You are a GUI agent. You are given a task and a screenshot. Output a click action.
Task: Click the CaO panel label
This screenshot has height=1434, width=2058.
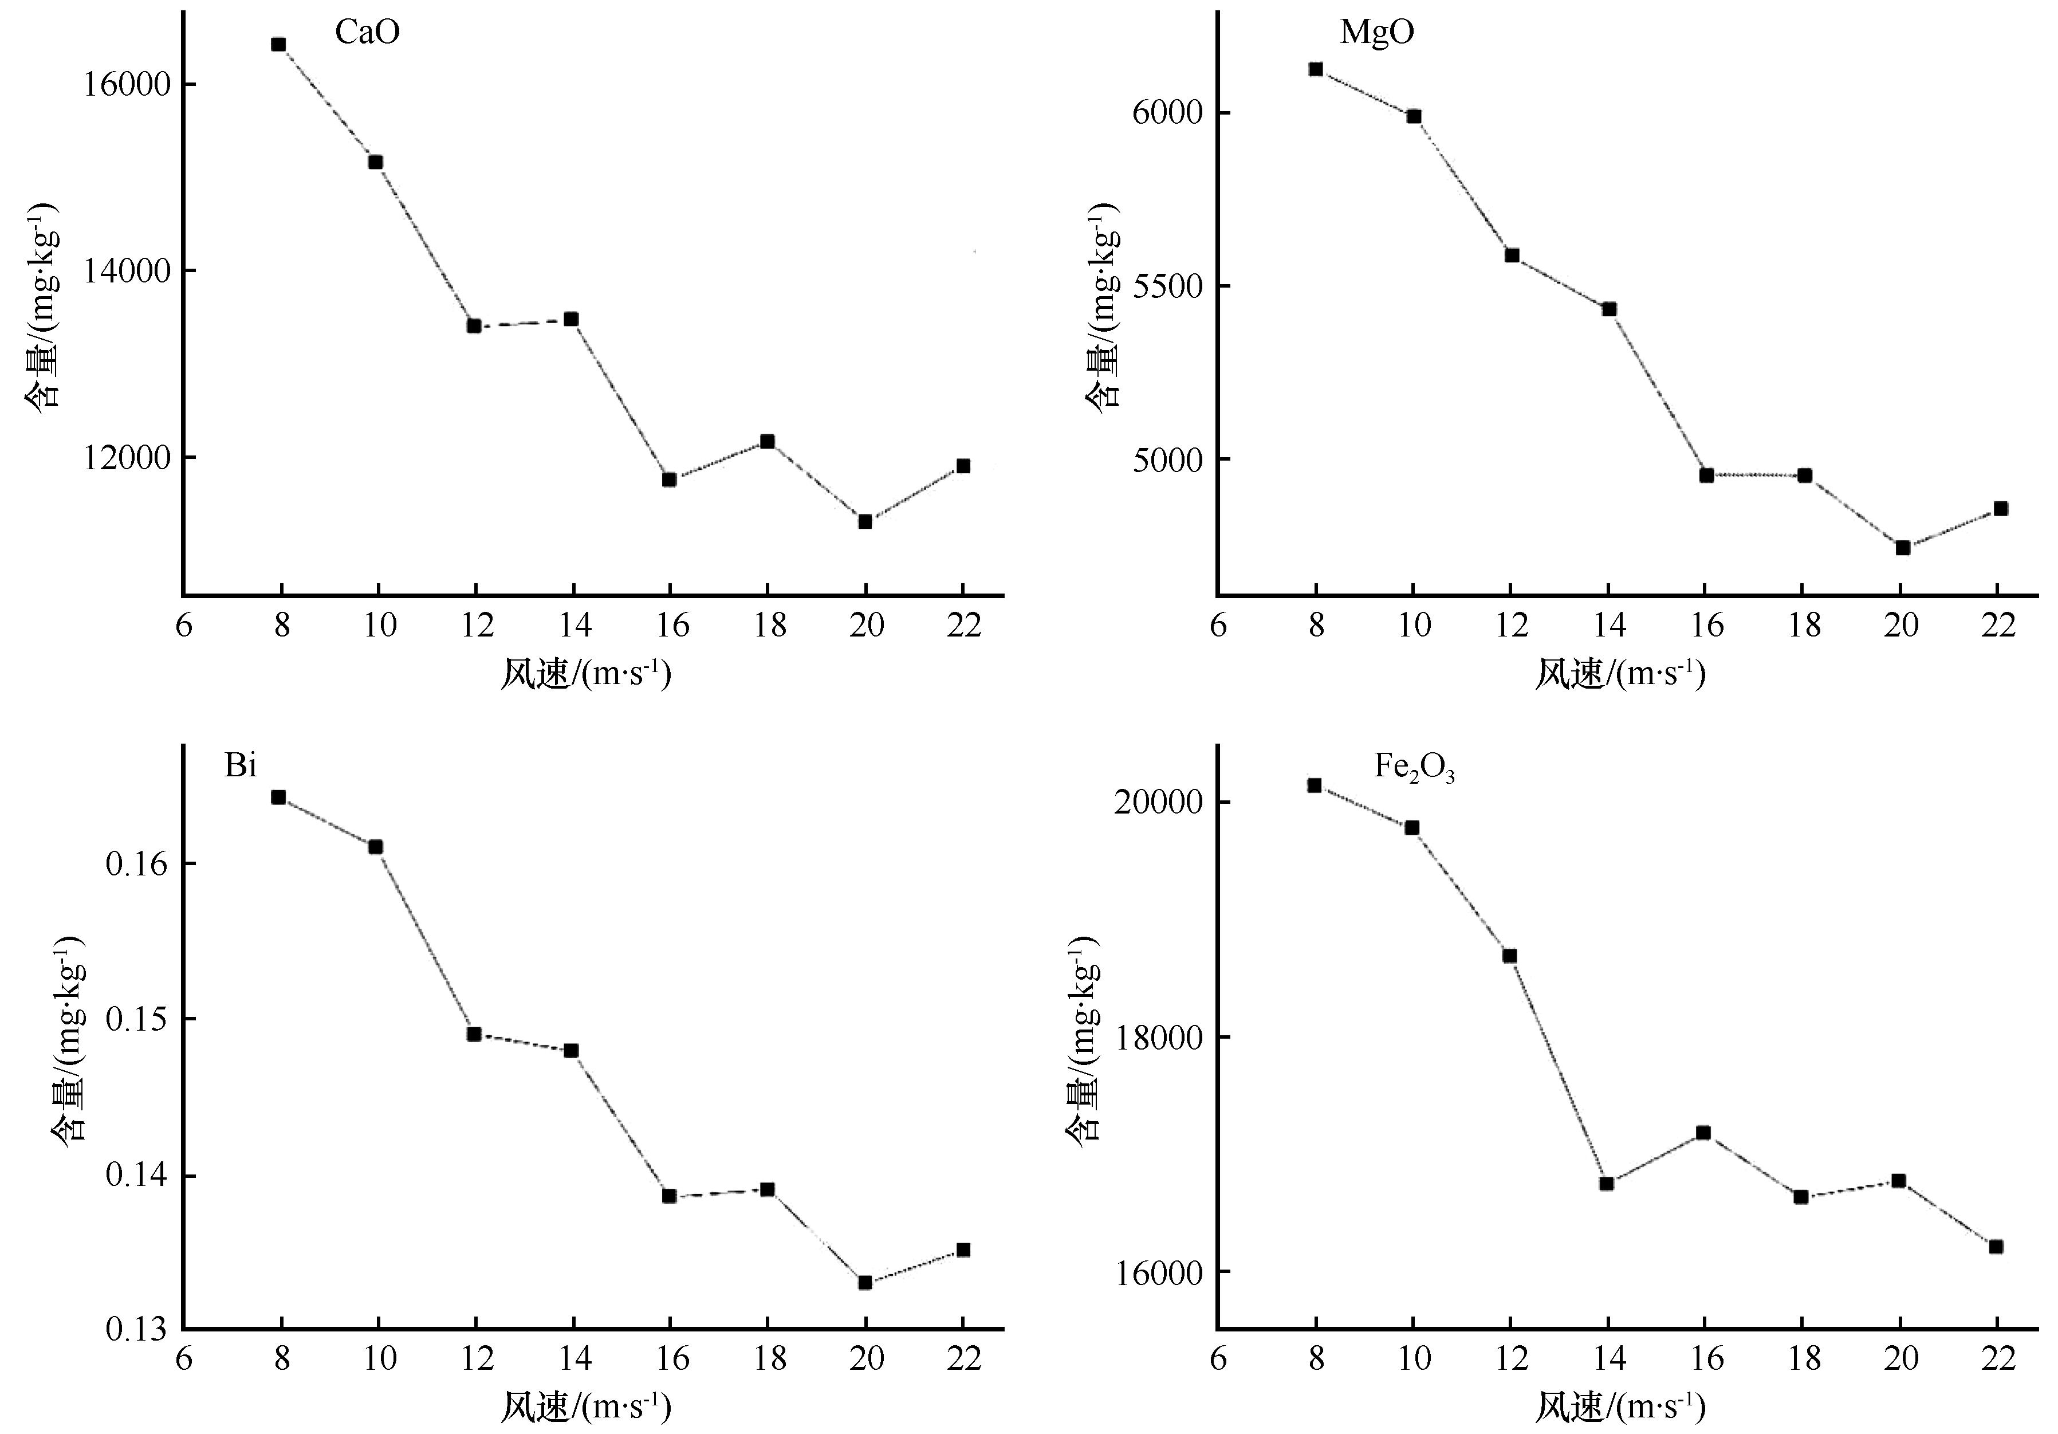point(367,32)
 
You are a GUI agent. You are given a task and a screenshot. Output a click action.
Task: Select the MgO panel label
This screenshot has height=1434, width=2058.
point(1377,32)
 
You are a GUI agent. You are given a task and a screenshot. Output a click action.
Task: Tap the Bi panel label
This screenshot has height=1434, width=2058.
point(240,766)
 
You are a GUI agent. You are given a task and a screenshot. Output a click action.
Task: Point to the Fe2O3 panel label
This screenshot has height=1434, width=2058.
point(1414,769)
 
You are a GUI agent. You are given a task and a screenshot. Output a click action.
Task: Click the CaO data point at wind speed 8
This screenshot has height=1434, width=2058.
point(279,44)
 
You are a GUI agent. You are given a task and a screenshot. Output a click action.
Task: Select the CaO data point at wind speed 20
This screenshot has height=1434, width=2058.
point(865,521)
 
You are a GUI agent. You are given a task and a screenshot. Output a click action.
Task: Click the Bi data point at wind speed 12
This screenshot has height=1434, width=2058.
point(474,1034)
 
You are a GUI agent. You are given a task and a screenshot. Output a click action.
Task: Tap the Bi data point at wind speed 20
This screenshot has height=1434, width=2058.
point(865,1282)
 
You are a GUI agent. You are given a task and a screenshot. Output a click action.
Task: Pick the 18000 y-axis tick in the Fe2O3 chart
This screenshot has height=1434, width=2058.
point(1156,1038)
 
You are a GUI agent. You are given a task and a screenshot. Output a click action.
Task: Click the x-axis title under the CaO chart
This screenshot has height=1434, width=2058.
point(585,674)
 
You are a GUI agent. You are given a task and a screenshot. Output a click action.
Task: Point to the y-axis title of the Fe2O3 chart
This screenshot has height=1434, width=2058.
point(1083,1040)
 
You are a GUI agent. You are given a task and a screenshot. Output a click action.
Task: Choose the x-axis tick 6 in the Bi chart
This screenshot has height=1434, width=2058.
point(184,1360)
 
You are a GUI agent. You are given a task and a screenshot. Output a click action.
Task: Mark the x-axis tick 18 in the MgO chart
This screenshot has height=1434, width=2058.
point(1804,625)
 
